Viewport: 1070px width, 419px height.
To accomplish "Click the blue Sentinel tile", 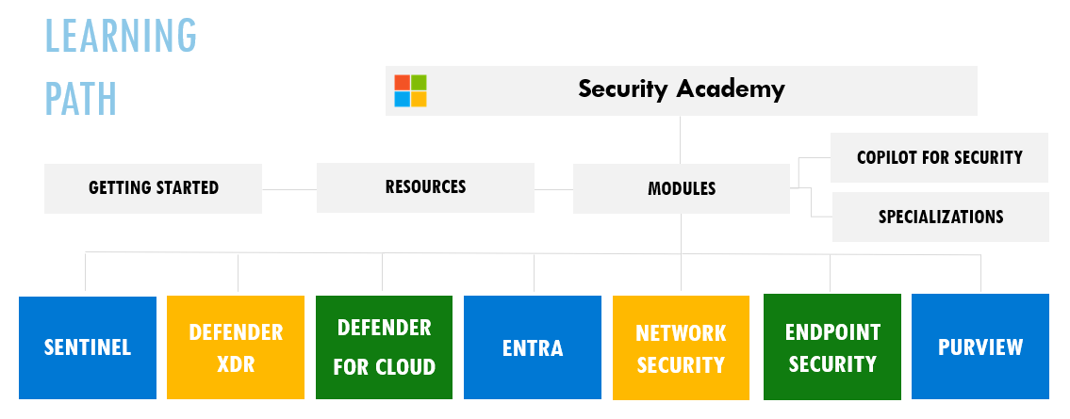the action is [x=88, y=347].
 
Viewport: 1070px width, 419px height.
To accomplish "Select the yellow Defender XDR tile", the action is [x=236, y=347].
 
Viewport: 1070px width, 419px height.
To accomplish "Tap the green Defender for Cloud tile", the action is [x=385, y=347].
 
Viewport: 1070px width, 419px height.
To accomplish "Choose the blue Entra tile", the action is [x=533, y=347].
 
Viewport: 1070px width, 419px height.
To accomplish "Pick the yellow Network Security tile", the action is [x=681, y=347].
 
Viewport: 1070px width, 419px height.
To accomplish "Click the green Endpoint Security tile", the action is [x=831, y=346].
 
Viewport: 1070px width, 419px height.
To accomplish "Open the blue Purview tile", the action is [x=979, y=346].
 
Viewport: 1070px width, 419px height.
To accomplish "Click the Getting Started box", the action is [x=153, y=188].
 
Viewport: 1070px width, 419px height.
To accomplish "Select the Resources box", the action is [x=425, y=187].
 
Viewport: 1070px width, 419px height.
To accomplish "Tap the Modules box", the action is [x=681, y=188].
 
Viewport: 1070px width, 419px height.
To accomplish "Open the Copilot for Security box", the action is [x=939, y=157].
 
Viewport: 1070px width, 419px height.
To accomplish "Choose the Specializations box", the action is [x=940, y=217].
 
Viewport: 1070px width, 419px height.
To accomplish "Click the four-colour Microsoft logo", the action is [x=410, y=90].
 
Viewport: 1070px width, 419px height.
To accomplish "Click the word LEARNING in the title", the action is [x=121, y=36].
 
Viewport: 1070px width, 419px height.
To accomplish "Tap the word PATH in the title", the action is [x=81, y=99].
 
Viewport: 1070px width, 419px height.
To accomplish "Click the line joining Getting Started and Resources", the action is [x=289, y=189].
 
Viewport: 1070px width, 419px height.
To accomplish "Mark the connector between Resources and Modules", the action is [x=553, y=189].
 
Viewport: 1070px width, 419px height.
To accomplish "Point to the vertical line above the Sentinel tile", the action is [x=85, y=272].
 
